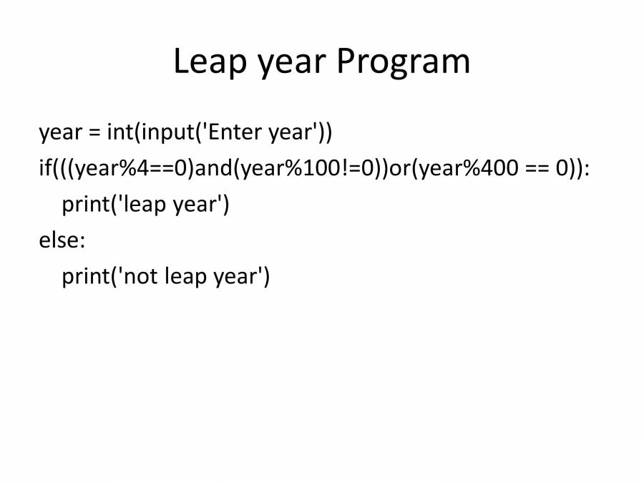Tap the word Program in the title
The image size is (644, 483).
pos(404,62)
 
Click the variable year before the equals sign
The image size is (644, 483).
pos(60,134)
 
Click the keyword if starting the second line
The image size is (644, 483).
pos(45,169)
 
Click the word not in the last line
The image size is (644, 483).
pos(143,276)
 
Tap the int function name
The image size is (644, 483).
pos(120,133)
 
